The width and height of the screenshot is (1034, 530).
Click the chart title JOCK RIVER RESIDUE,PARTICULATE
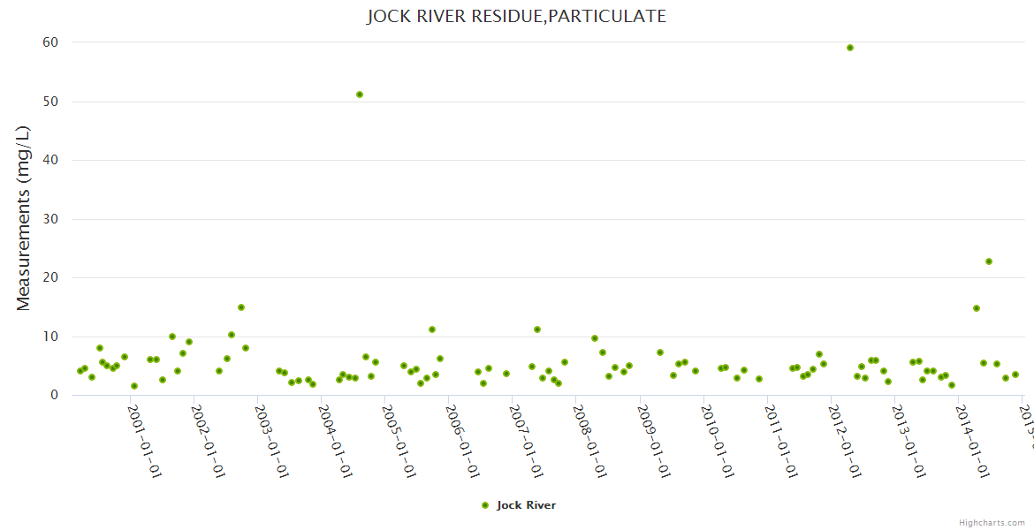tap(516, 16)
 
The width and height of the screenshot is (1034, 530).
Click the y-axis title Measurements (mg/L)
tap(24, 218)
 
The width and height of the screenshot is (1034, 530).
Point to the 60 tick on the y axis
tap(50, 42)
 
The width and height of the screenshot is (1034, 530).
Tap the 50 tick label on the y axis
tap(50, 102)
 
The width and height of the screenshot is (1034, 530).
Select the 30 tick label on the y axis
tap(50, 219)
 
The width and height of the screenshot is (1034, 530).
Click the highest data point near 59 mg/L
tap(850, 48)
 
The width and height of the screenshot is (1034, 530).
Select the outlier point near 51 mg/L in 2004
tap(360, 95)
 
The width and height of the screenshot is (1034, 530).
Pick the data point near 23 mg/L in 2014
tap(989, 261)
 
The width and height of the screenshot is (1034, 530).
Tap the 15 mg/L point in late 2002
tap(241, 307)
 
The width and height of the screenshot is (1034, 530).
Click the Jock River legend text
tap(526, 505)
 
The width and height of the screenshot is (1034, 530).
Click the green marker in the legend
tap(484, 505)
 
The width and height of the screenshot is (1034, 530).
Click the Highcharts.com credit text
tap(992, 523)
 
